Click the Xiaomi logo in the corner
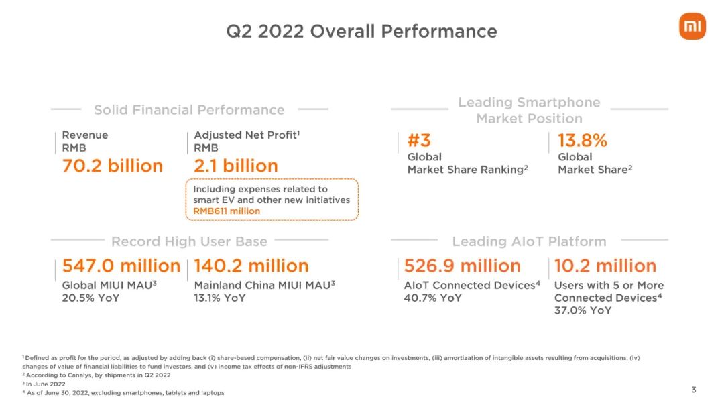click(x=692, y=27)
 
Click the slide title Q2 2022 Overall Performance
click(x=361, y=31)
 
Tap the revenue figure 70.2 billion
click(x=113, y=166)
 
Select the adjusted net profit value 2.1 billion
click(x=235, y=166)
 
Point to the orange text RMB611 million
click(x=227, y=211)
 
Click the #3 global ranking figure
click(x=419, y=140)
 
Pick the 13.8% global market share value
click(x=583, y=140)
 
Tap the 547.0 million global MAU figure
click(x=121, y=266)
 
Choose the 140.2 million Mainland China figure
click(x=251, y=266)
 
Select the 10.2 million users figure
click(x=605, y=266)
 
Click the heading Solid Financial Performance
click(x=189, y=110)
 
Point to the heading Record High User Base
click(x=189, y=241)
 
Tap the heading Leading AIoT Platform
click(x=529, y=241)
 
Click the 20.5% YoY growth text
click(x=90, y=298)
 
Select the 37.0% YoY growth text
click(x=583, y=310)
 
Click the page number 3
click(x=694, y=390)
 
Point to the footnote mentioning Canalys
click(x=97, y=375)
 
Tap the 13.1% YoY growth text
click(x=220, y=298)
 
